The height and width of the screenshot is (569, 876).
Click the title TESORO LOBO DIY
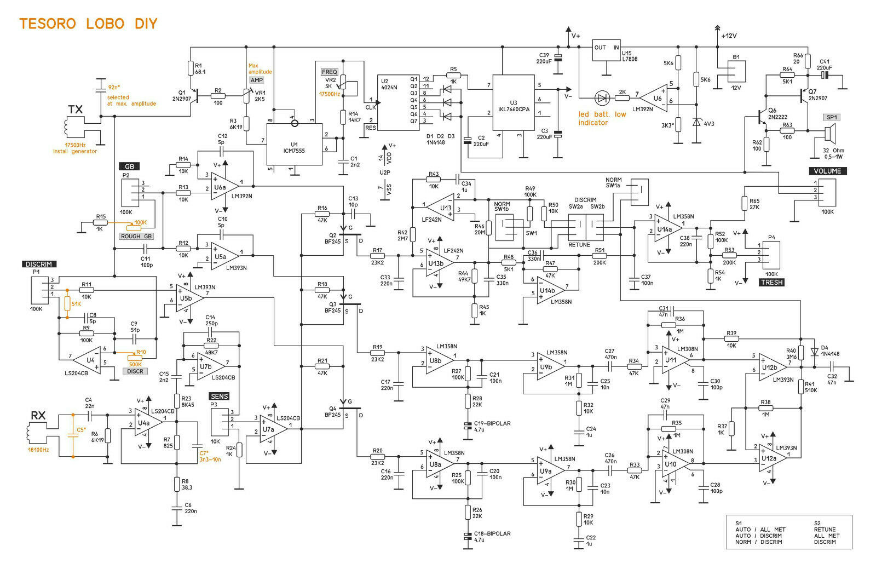click(88, 24)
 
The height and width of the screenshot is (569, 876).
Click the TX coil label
click(75, 110)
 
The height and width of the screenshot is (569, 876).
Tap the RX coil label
click(38, 416)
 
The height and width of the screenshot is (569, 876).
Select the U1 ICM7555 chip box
click(294, 143)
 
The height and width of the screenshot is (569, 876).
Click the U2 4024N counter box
click(398, 103)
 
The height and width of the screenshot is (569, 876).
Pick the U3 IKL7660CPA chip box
click(513, 102)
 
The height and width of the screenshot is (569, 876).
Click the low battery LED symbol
click(602, 99)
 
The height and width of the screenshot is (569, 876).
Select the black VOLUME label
click(827, 171)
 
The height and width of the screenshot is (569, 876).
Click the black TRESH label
click(771, 282)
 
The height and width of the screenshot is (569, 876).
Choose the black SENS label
click(219, 396)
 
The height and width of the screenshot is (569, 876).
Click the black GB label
click(129, 166)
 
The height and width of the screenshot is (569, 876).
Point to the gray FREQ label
click(330, 72)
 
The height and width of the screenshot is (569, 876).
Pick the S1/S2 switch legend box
click(789, 532)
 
